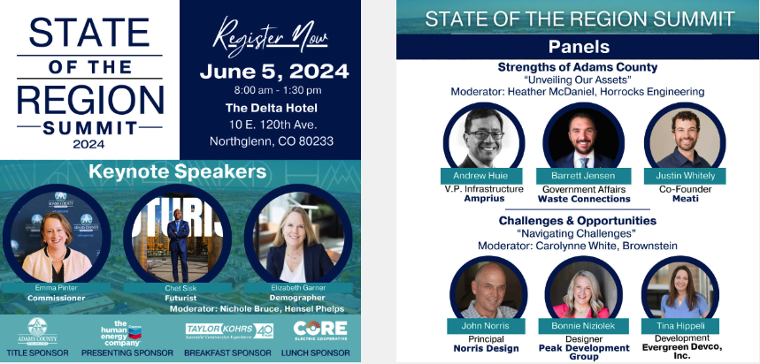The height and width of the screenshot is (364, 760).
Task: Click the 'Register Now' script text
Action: pyautogui.click(x=269, y=40)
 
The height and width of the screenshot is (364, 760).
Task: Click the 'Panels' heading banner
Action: pyautogui.click(x=578, y=47)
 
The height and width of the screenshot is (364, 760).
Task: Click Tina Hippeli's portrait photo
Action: pyautogui.click(x=679, y=290)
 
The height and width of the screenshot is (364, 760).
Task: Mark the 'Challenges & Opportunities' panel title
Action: pyautogui.click(x=577, y=220)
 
